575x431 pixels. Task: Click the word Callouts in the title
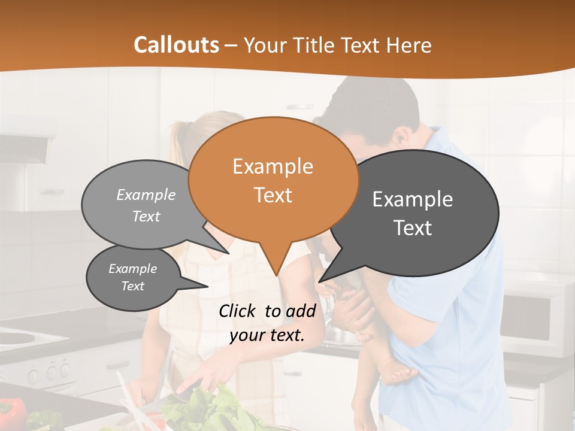point(176,45)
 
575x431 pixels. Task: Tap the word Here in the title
point(409,45)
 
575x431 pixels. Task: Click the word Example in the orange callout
point(273,166)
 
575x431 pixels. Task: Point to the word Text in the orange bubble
point(273,195)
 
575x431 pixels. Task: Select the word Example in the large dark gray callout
point(413,199)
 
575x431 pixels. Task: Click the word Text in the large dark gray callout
point(413,228)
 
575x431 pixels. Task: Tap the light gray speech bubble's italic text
point(146,205)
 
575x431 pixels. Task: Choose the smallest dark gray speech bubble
point(133,277)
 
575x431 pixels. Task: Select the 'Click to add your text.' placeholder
point(267,323)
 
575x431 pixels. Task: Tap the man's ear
point(400,140)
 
